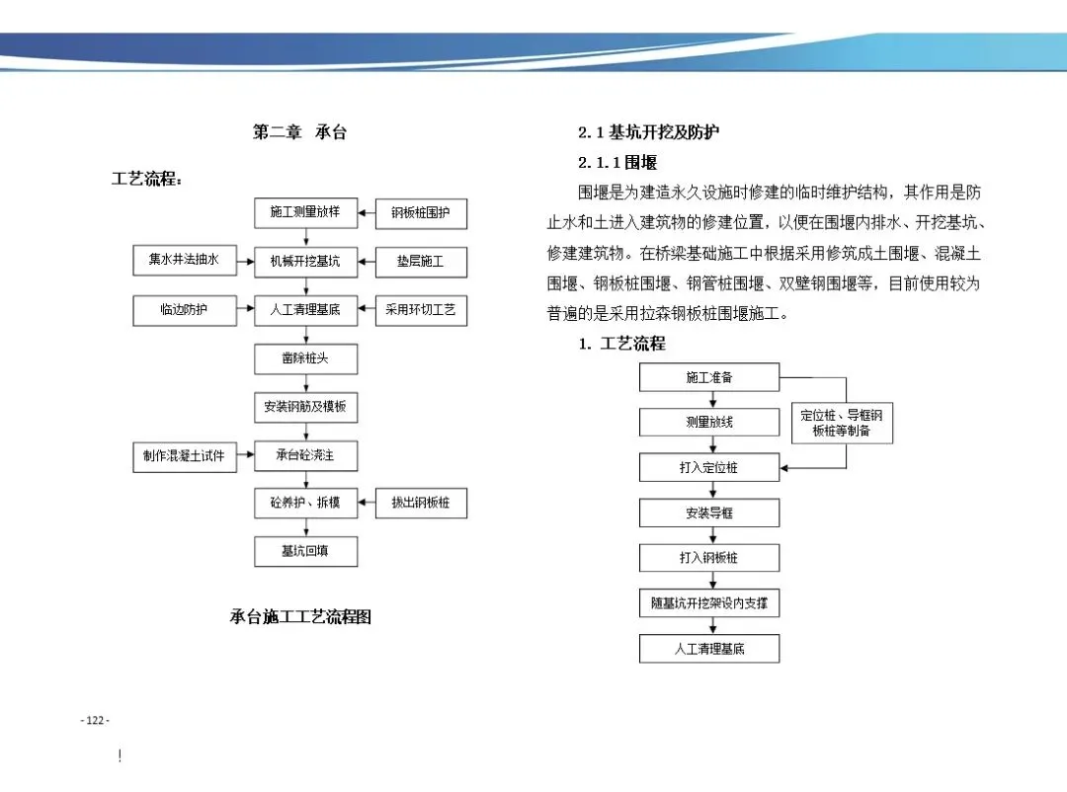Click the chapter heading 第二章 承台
300,132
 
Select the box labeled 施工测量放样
305,213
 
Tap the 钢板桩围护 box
421,213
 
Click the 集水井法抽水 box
185,261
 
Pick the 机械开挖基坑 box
305,262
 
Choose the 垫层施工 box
421,262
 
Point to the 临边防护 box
185,310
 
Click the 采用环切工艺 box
421,310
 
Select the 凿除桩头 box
305,358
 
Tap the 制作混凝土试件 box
185,456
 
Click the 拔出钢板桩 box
421,504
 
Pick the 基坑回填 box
305,551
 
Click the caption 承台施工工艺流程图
300,617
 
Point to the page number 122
95,721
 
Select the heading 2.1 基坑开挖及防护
649,132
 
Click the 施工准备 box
709,377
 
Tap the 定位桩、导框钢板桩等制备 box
841,423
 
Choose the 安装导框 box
709,514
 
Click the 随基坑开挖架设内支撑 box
709,603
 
